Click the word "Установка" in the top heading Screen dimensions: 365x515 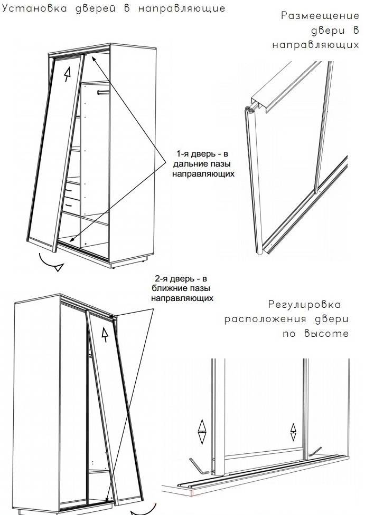coord(34,8)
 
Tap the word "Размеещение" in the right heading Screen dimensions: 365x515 coord(320,16)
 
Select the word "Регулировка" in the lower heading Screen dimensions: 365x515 coord(305,305)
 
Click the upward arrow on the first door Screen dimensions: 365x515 coord(68,74)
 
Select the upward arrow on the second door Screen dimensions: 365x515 coord(105,335)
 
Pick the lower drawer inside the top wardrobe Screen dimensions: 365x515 coord(72,206)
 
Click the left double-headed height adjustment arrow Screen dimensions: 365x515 coord(202,432)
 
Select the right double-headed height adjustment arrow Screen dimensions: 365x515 coord(293,432)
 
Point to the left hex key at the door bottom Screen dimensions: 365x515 coord(199,467)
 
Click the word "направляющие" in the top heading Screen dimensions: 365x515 coord(182,8)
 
